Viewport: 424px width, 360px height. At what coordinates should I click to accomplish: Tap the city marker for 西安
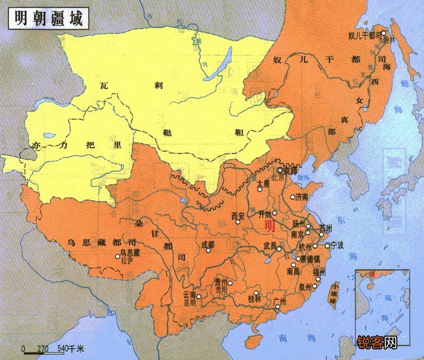pos(238,222)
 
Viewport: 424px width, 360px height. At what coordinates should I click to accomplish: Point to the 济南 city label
pos(301,197)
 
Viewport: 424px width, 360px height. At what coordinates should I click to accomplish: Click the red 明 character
pos(269,226)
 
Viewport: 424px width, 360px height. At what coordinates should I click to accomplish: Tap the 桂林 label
pos(254,300)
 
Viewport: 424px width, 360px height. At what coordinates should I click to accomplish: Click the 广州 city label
pos(280,303)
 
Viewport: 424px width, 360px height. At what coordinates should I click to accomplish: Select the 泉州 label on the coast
pos(306,286)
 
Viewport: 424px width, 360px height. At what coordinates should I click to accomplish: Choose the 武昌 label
pos(270,246)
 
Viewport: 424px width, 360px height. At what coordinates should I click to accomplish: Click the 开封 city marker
pos(274,213)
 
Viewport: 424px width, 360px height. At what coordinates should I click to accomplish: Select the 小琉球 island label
pos(333,296)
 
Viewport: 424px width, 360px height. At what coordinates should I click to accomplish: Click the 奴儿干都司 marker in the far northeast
pos(383,34)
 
